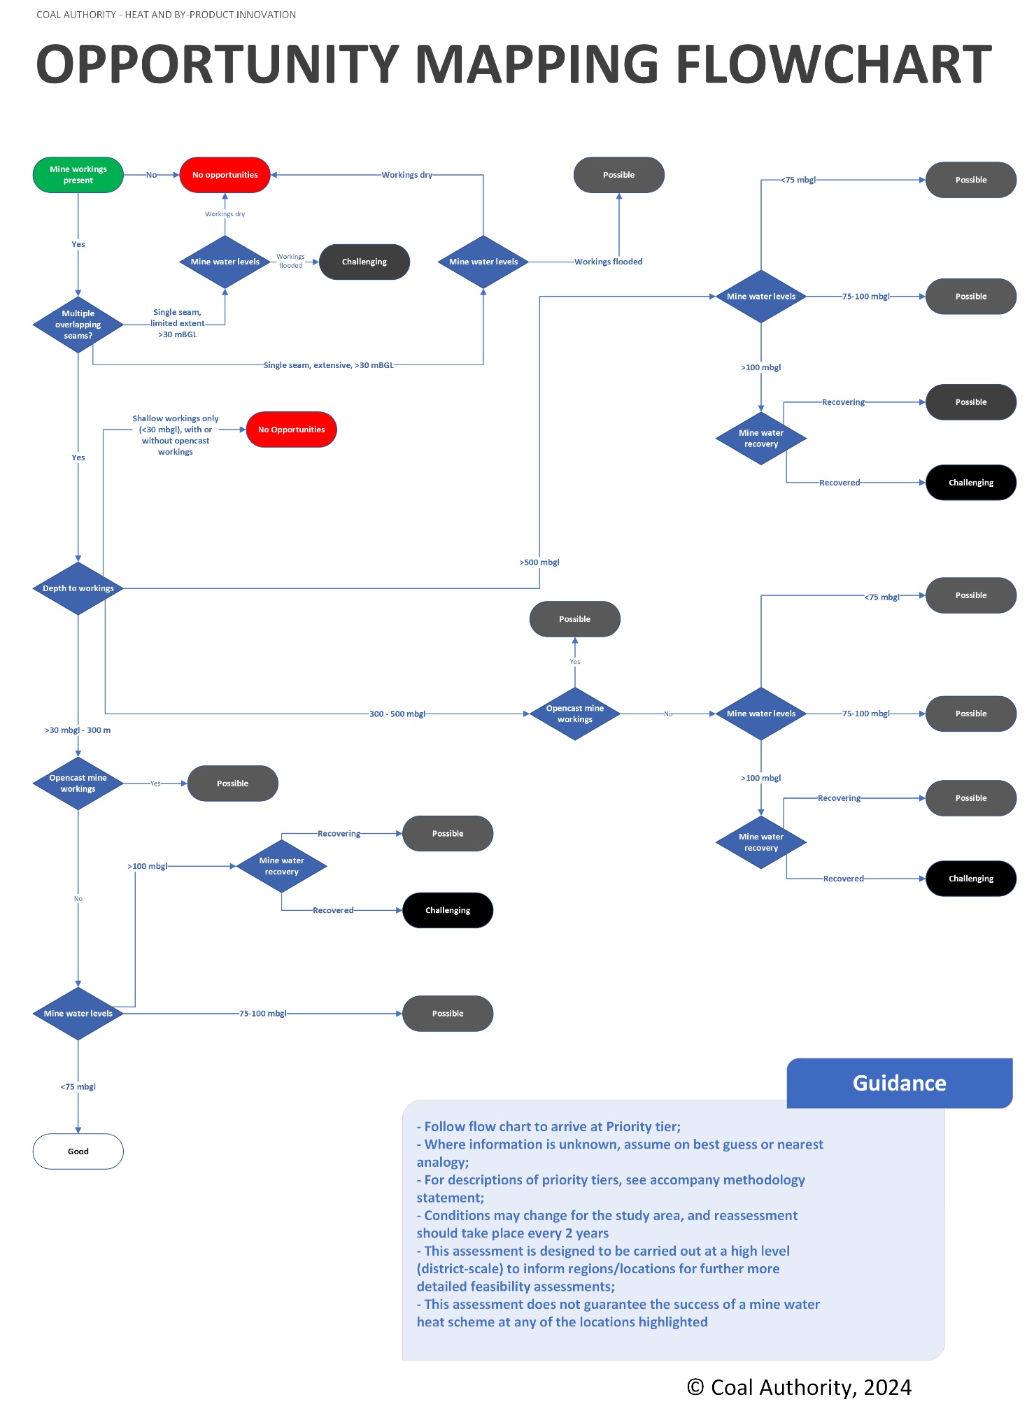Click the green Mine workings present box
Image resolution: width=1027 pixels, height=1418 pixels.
[x=78, y=175]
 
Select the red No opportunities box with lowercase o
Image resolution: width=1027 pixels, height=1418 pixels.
[x=225, y=175]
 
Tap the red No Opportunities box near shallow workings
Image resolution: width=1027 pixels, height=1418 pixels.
[x=291, y=430]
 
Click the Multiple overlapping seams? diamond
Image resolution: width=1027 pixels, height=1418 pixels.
[x=78, y=325]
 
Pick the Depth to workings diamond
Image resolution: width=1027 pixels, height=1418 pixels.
[x=78, y=588]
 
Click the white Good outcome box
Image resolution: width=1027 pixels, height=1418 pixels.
[x=78, y=1151]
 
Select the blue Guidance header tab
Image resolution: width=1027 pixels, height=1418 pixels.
[x=899, y=1083]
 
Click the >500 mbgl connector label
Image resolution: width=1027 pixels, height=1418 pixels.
[x=539, y=562]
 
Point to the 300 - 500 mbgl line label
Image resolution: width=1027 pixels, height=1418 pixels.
[x=397, y=714]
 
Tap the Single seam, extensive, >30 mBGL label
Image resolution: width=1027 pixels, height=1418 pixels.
[x=328, y=365]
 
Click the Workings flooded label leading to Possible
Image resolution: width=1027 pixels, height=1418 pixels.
[x=608, y=262]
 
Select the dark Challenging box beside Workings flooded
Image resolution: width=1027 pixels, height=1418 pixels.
[x=364, y=262]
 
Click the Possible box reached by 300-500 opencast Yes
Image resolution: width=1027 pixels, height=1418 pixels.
[x=574, y=619]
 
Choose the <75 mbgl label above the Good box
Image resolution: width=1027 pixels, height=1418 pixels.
[x=78, y=1087]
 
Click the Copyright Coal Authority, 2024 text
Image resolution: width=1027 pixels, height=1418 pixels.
[x=799, y=1388]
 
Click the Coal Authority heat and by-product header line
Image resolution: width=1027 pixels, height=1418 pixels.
[x=166, y=15]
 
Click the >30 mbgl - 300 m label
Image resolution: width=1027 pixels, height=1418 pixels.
[x=78, y=730]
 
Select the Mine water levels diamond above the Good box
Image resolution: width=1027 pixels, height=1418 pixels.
[x=78, y=1014]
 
